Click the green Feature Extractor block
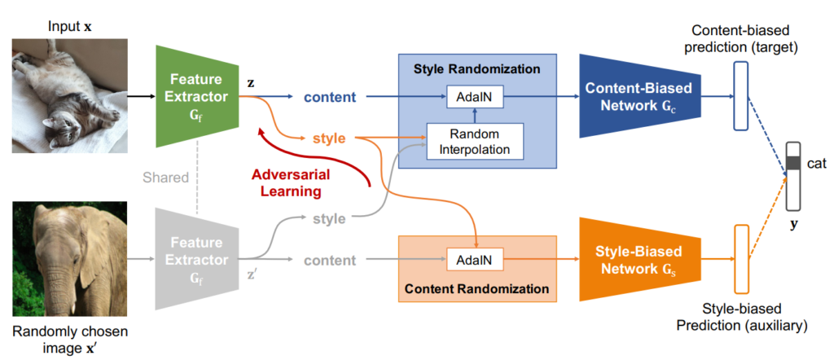tap(197, 96)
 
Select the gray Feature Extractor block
tap(197, 259)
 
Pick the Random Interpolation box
tap(475, 141)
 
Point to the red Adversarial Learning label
tap(291, 182)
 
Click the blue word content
tap(330, 97)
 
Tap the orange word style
tap(330, 138)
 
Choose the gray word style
tap(330, 218)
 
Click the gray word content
tap(330, 260)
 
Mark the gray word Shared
tap(166, 177)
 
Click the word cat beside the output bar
tap(816, 163)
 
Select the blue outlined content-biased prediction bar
tap(741, 96)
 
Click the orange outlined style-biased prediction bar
tap(741, 259)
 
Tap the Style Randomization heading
tap(477, 69)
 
